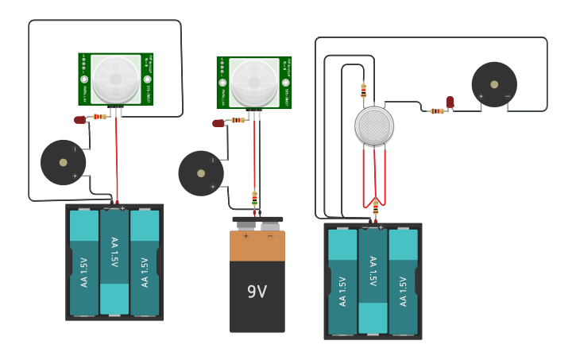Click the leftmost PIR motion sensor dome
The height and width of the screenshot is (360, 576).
pyautogui.click(x=115, y=78)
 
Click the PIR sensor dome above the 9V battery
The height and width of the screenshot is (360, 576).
pyautogui.click(x=254, y=82)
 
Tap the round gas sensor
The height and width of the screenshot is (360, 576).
pyautogui.click(x=374, y=126)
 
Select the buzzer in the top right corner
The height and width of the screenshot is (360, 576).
pyautogui.click(x=494, y=84)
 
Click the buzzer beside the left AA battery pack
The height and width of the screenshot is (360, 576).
pyautogui.click(x=64, y=162)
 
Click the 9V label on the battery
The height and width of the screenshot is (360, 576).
pyautogui.click(x=257, y=292)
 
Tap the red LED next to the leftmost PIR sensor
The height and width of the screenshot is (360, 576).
pyautogui.click(x=79, y=119)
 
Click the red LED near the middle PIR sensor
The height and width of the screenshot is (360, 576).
pyautogui.click(x=218, y=122)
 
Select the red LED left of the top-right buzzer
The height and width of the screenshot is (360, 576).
pyautogui.click(x=450, y=102)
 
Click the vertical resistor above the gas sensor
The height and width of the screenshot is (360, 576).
pyautogui.click(x=363, y=91)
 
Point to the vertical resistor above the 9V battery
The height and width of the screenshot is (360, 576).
pyautogui.click(x=254, y=197)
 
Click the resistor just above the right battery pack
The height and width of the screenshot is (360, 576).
pyautogui.click(x=375, y=207)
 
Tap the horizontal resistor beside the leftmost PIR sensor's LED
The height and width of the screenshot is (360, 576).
pyautogui.click(x=99, y=117)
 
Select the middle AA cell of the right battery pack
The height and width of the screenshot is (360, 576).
pyautogui.click(x=373, y=281)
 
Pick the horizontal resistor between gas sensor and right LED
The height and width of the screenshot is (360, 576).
pyautogui.click(x=436, y=111)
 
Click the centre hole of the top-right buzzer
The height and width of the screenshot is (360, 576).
pyautogui.click(x=494, y=83)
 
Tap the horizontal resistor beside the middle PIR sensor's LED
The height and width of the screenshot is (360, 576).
pyautogui.click(x=238, y=120)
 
